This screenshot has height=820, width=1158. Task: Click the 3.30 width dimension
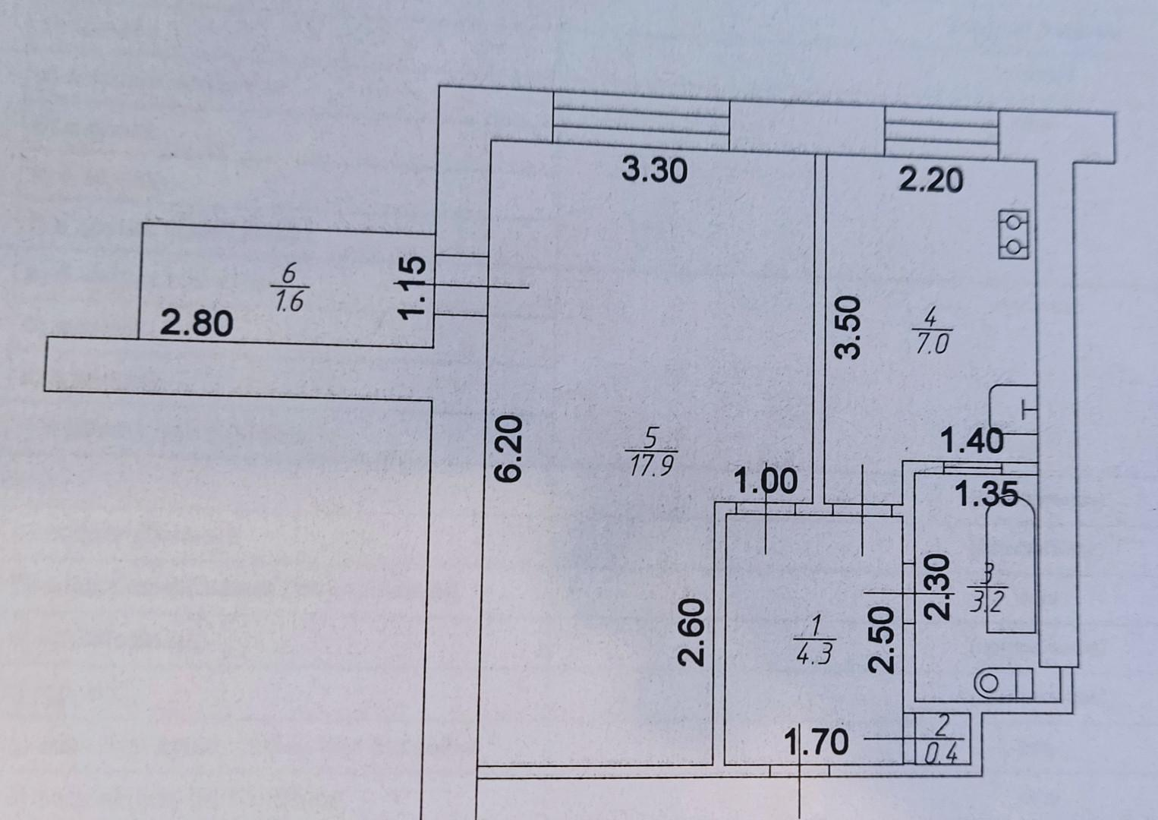[x=654, y=170]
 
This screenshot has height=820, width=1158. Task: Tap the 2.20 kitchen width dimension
[x=930, y=181]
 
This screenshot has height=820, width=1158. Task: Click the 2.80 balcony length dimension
[x=197, y=324]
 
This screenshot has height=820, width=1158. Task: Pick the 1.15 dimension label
[x=414, y=288]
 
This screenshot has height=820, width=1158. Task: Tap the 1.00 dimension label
[x=766, y=482]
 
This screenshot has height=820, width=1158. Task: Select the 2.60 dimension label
[x=693, y=632]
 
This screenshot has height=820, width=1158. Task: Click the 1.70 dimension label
[x=817, y=740]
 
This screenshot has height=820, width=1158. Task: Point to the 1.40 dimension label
[x=972, y=440]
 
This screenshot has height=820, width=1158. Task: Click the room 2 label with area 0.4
[x=941, y=739]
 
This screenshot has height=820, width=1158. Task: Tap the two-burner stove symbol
[x=1015, y=234]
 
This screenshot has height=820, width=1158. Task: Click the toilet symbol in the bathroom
[x=1002, y=683]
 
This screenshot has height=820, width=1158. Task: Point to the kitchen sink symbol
[x=1014, y=410]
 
